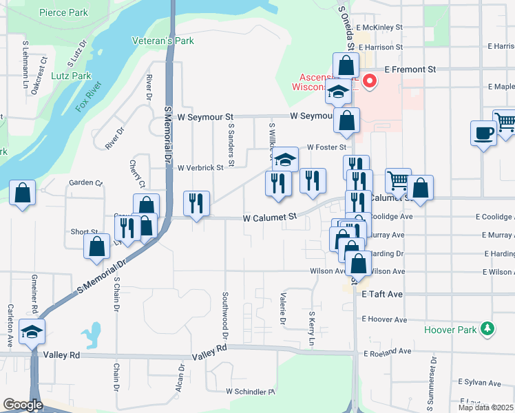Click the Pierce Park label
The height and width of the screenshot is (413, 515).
tap(63, 12)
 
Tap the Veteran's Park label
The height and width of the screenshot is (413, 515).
tap(163, 41)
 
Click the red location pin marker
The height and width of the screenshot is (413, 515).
tap(370, 82)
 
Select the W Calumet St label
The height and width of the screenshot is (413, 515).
tap(270, 217)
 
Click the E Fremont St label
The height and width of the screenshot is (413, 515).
tap(410, 70)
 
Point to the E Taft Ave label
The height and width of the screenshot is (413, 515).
tap(383, 293)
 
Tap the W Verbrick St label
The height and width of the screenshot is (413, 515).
tap(200, 167)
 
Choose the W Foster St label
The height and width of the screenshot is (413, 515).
tap(326, 147)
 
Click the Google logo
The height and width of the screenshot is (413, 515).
tap(23, 405)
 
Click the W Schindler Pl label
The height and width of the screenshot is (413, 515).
tap(250, 391)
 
